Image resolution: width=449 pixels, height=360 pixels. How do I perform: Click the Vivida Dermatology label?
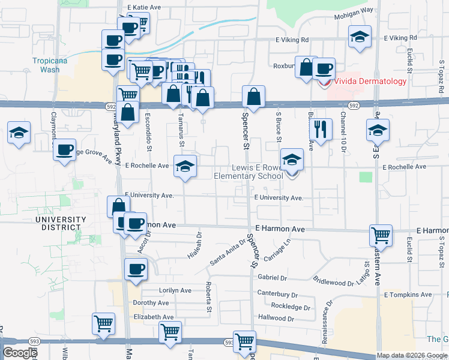370,81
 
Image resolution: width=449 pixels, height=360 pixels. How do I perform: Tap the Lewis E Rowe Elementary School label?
249,172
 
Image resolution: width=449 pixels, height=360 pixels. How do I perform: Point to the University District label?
58,223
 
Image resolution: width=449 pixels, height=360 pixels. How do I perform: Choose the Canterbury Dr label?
278,295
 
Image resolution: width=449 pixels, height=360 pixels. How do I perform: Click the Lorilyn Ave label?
175,290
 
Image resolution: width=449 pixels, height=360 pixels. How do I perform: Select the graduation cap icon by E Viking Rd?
359,38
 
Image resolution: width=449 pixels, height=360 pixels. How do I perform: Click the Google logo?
20,353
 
